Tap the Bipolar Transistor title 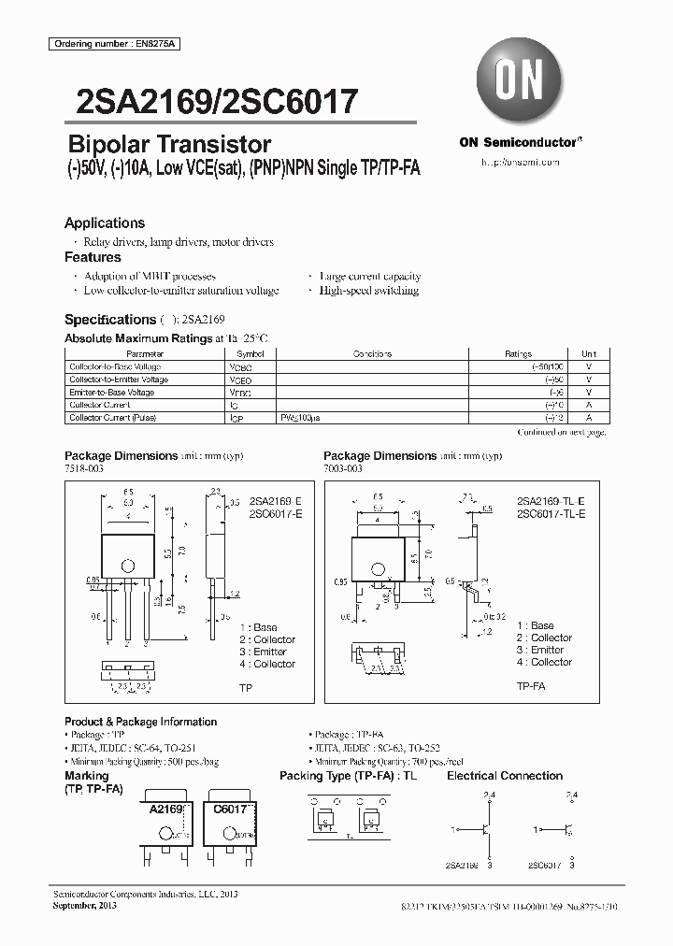pos(170,144)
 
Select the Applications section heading pos(105,223)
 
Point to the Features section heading pos(93,257)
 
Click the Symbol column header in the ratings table pos(251,354)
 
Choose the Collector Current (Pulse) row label pos(114,418)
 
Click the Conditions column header pos(372,354)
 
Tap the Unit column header pos(589,354)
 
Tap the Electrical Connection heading pos(505,776)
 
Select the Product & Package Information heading pos(140,722)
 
